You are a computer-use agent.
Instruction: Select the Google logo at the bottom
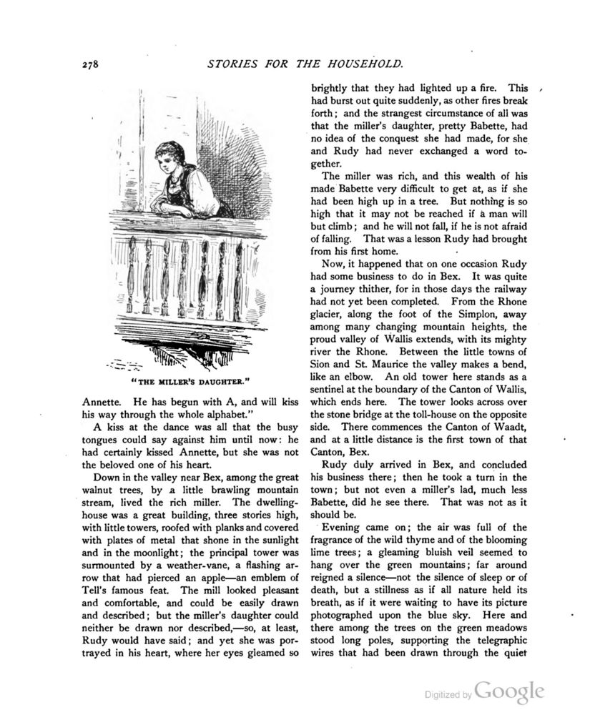510,691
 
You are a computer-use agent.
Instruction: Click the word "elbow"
354,375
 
